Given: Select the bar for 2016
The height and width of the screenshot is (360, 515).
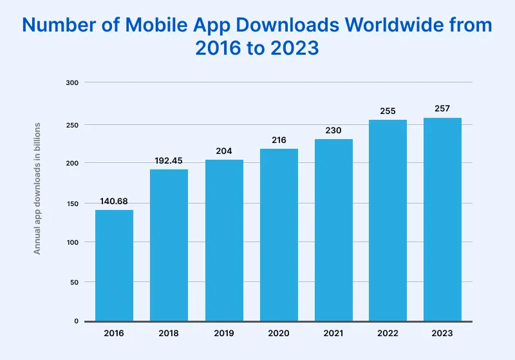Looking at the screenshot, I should click(115, 265).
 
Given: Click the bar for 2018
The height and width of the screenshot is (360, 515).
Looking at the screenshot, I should click(169, 245).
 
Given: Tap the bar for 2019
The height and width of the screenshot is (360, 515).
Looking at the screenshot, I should click(224, 240).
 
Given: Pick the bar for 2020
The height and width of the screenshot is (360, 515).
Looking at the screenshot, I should click(279, 234).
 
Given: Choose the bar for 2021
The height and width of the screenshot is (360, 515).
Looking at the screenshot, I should click(333, 230).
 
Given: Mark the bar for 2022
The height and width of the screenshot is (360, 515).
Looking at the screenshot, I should click(388, 220).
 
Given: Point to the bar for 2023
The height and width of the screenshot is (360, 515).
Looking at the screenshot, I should click(442, 219).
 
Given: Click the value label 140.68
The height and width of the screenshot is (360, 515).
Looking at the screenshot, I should click(115, 201).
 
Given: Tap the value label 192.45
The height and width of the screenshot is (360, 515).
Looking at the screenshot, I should click(169, 160).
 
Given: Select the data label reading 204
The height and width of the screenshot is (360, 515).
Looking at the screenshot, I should click(224, 151).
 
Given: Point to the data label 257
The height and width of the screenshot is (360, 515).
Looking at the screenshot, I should click(442, 108).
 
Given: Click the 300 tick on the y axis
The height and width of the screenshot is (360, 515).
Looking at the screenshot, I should click(71, 82).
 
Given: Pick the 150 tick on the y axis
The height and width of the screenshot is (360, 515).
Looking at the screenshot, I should click(71, 204).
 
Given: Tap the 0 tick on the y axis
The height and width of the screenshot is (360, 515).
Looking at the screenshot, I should click(75, 321).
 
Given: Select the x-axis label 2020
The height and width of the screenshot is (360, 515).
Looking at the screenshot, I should click(279, 334).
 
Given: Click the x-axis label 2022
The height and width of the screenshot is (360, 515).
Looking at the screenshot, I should click(388, 334).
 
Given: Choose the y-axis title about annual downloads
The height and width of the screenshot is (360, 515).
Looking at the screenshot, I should click(37, 187).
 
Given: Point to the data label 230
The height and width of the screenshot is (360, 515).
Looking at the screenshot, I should click(333, 130).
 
